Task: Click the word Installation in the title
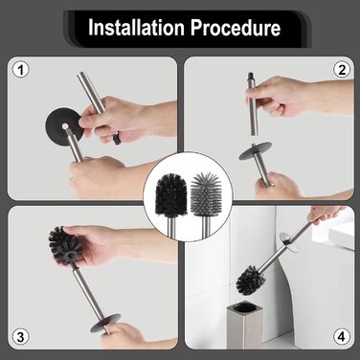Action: click(136, 28)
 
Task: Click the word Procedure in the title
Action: click(236, 28)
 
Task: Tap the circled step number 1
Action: click(21, 70)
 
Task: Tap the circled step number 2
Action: click(342, 70)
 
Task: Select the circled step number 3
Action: click(20, 337)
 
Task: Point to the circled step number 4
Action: click(342, 336)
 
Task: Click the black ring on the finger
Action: click(117, 138)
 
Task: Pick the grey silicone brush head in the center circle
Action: click(204, 192)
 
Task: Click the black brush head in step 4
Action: click(251, 279)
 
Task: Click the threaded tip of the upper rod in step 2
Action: click(251, 77)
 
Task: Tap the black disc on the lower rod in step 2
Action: click(256, 150)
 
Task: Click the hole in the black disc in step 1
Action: click(65, 125)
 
